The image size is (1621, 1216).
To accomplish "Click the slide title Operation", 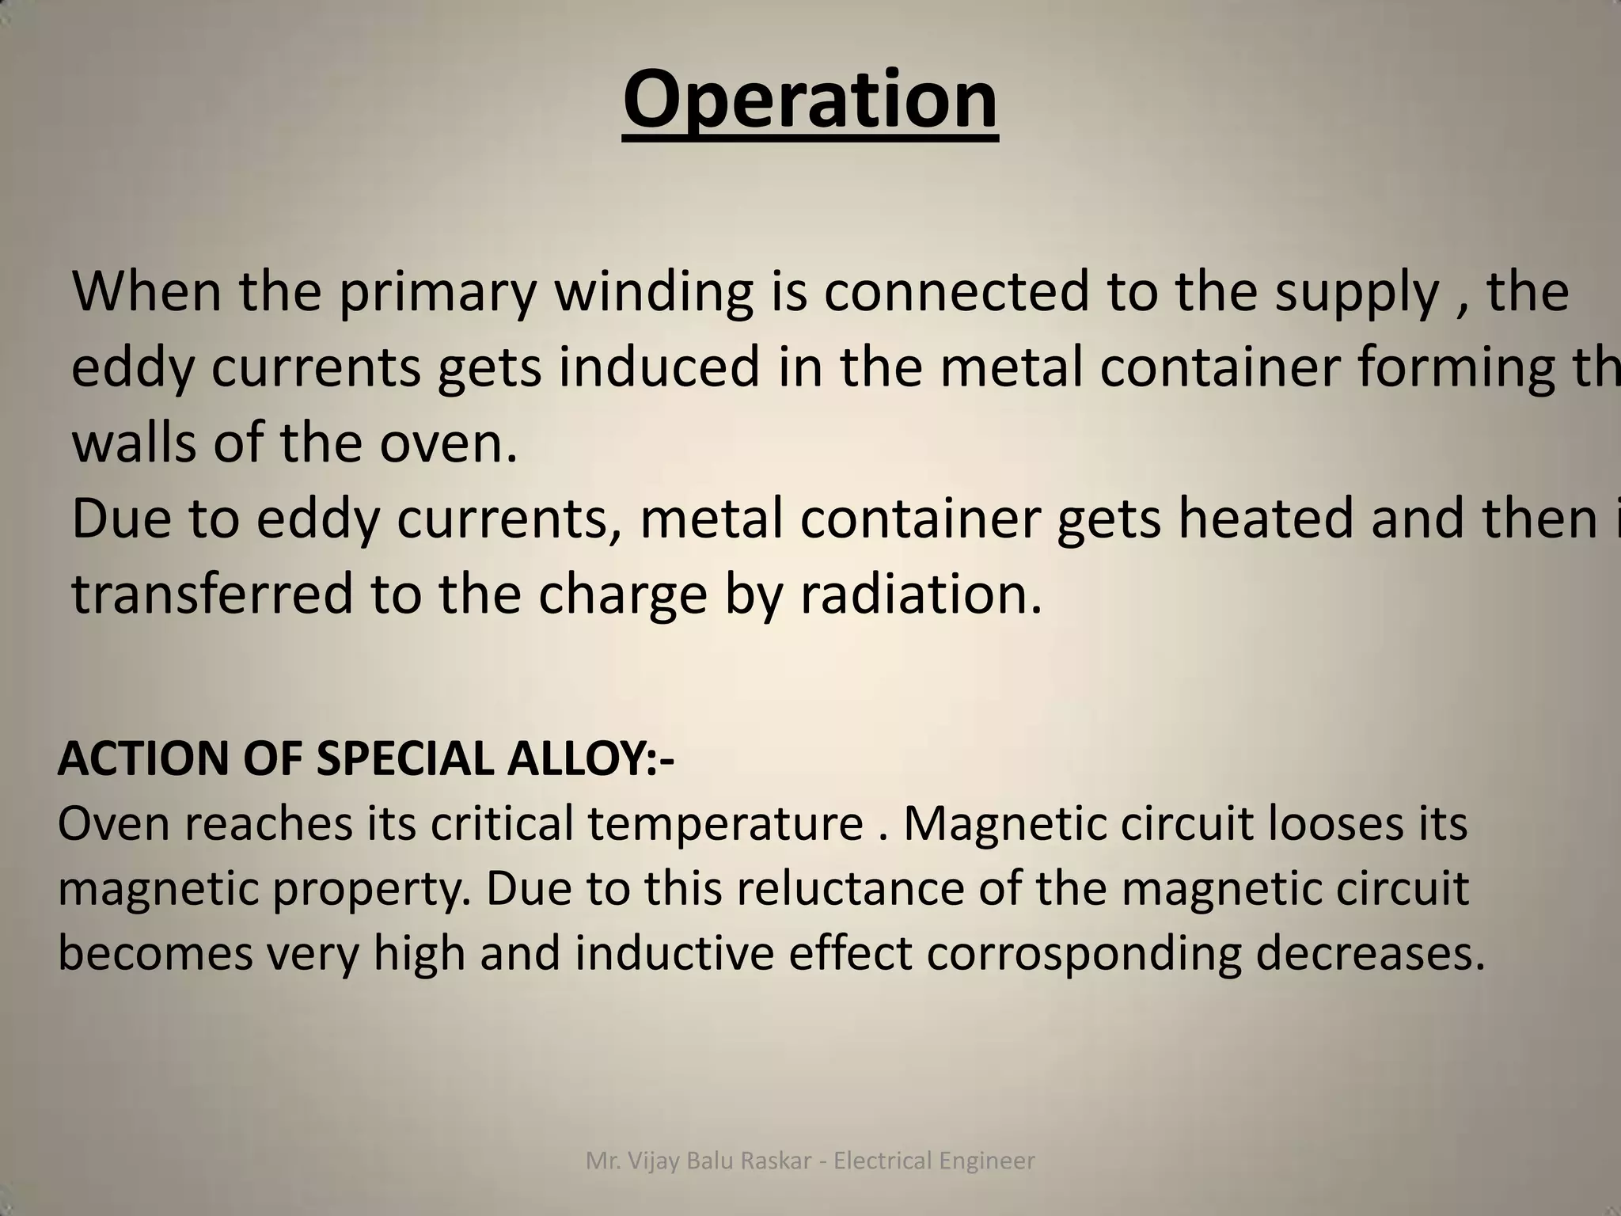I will [810, 101].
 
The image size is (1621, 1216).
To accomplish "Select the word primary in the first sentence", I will [437, 293].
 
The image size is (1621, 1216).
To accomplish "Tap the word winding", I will [653, 293].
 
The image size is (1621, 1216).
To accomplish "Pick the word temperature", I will [725, 825].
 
